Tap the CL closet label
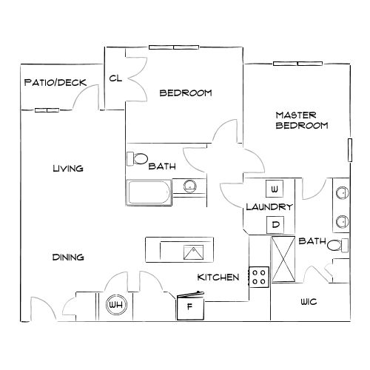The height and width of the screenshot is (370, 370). pyautogui.click(x=115, y=78)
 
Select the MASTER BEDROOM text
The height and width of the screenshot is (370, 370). pyautogui.click(x=301, y=120)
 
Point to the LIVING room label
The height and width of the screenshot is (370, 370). pyautogui.click(x=67, y=169)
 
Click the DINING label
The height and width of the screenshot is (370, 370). pyautogui.click(x=67, y=258)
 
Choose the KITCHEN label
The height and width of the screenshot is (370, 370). pyautogui.click(x=218, y=277)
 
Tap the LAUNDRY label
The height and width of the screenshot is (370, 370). pyautogui.click(x=270, y=207)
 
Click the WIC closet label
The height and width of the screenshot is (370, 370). pyautogui.click(x=309, y=303)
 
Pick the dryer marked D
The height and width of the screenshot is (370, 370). pyautogui.click(x=275, y=224)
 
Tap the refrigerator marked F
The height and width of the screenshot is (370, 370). pyautogui.click(x=189, y=306)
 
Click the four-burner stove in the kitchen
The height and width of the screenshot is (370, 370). pyautogui.click(x=259, y=277)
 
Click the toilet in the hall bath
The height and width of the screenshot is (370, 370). pyautogui.click(x=138, y=159)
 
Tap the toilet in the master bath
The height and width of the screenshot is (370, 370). pyautogui.click(x=336, y=246)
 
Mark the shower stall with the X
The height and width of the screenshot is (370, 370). pyautogui.click(x=284, y=260)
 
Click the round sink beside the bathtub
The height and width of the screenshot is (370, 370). pyautogui.click(x=190, y=186)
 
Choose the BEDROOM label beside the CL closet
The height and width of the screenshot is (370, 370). pyautogui.click(x=186, y=93)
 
